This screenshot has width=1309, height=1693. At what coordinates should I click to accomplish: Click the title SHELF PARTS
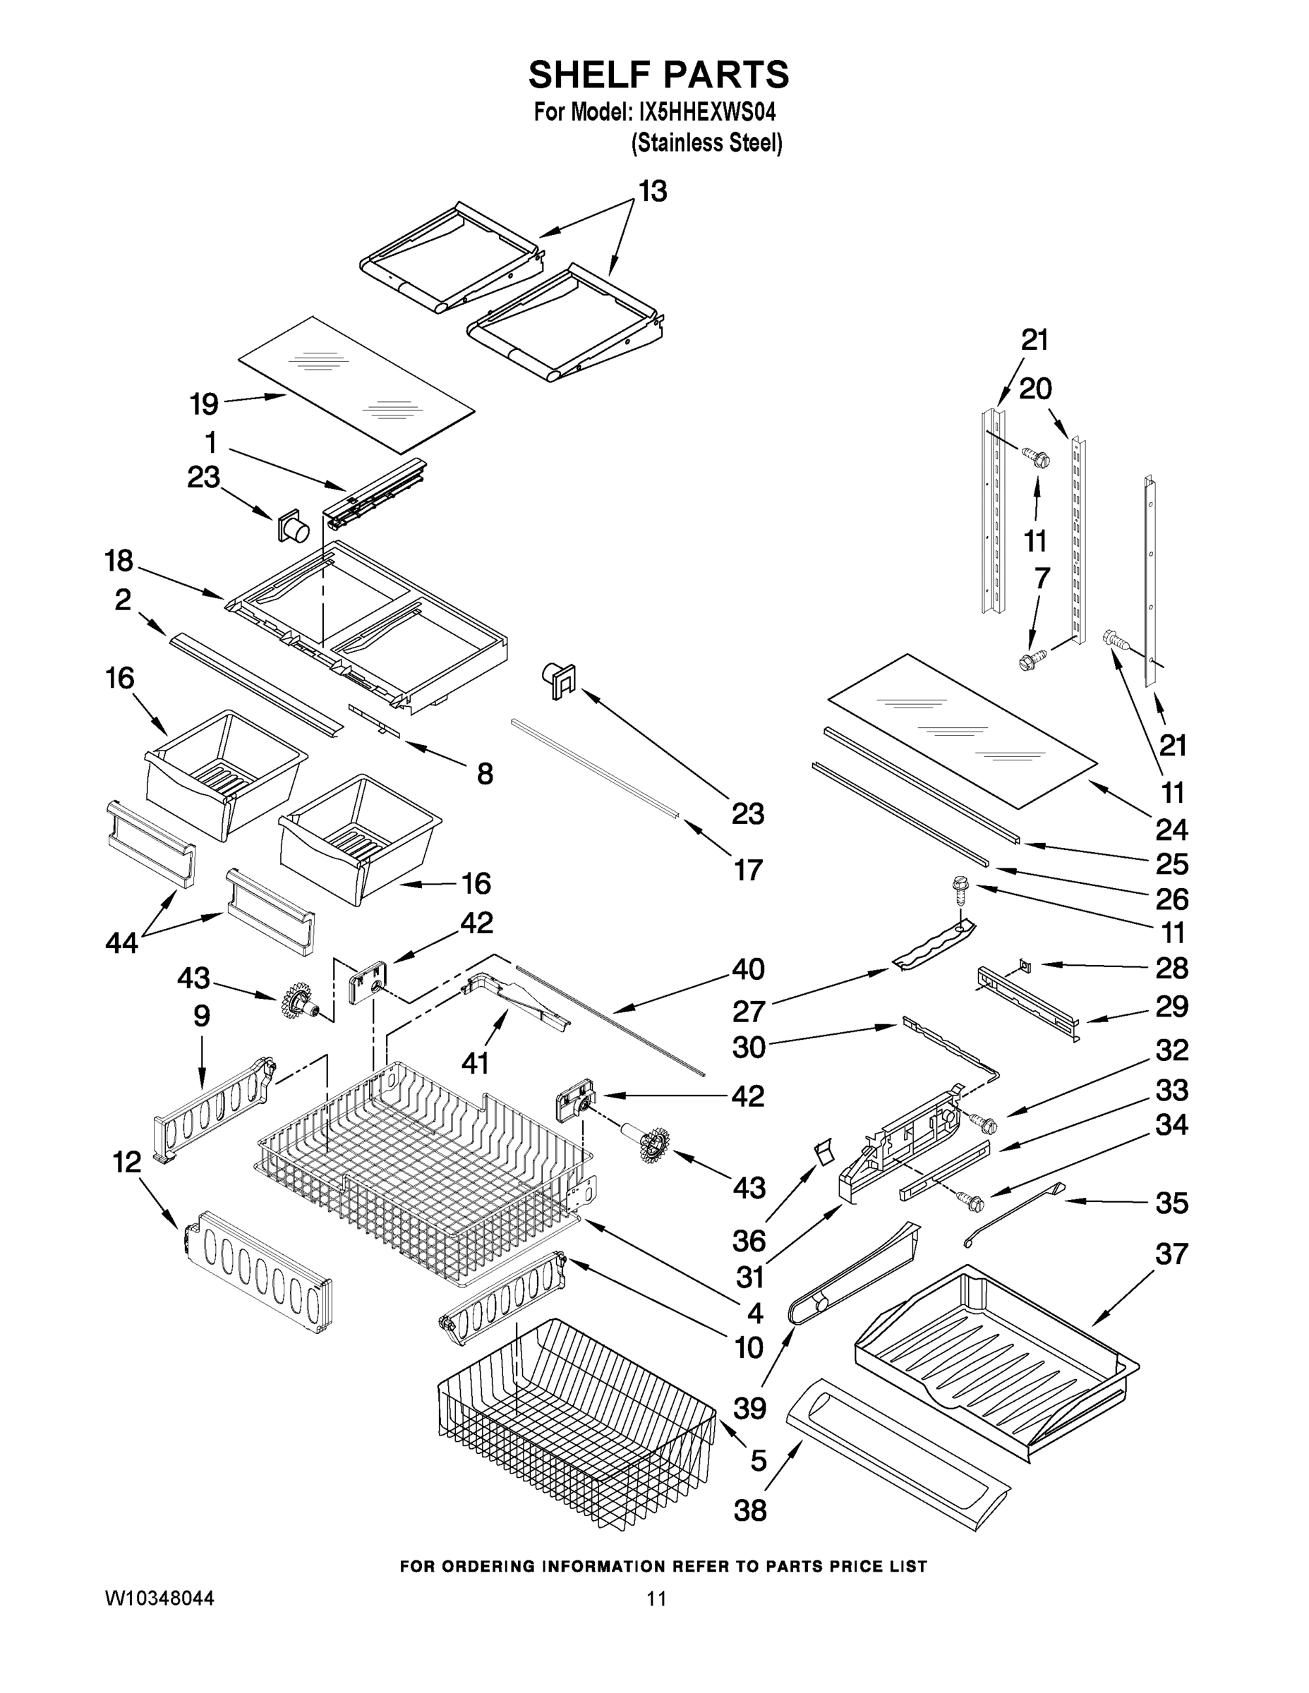point(658,75)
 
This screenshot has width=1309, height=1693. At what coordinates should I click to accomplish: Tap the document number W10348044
point(159,1598)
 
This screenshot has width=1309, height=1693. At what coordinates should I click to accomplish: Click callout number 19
point(205,404)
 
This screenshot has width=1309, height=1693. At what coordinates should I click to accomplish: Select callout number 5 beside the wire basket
point(759,1460)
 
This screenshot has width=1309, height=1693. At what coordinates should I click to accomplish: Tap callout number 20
point(1035,389)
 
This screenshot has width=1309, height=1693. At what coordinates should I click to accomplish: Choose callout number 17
point(748,870)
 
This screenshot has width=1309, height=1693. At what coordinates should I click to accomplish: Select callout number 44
point(122,942)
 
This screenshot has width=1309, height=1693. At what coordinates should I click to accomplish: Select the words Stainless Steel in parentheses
point(706,143)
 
